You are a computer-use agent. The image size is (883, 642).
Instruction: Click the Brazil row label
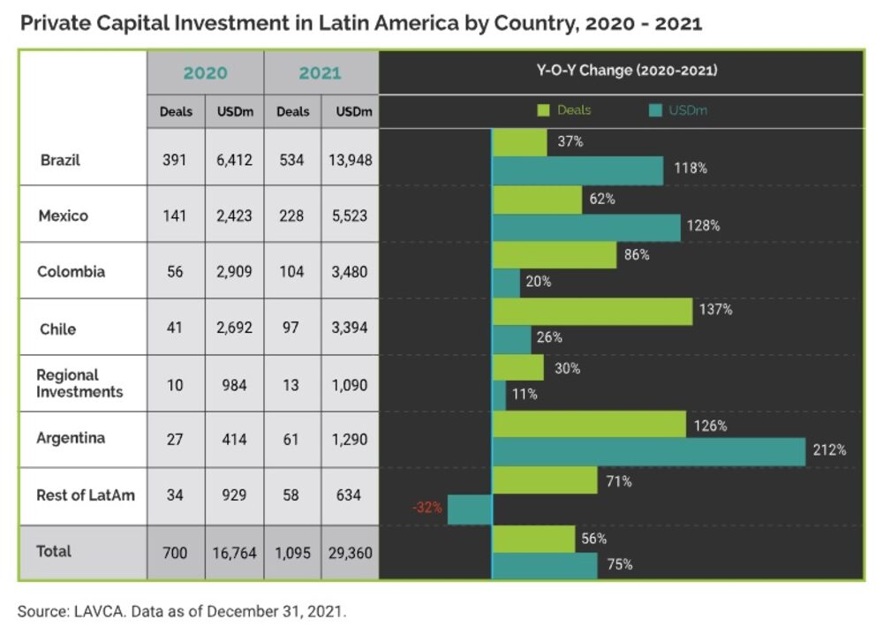coord(60,161)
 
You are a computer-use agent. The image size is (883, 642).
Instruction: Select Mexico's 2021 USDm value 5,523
coord(350,215)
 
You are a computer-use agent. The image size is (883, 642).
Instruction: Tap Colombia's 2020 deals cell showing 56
coord(175,272)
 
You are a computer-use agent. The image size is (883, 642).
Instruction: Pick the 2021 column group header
coord(320,73)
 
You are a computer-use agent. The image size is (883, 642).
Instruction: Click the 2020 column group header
coord(205,73)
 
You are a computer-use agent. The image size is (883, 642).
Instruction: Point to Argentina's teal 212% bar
coord(648,451)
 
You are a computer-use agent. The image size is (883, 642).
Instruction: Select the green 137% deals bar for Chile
coord(592,311)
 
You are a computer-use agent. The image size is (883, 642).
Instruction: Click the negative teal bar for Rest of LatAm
coord(469,510)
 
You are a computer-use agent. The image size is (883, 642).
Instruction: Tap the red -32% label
coord(426,509)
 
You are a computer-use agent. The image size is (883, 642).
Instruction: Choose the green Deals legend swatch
coord(544,110)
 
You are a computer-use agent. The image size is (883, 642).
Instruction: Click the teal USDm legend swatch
coord(655,110)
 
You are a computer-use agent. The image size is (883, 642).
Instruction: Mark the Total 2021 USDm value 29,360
coord(350,553)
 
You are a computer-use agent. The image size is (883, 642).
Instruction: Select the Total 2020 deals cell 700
coord(175,553)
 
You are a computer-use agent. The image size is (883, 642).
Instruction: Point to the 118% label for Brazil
coord(691,168)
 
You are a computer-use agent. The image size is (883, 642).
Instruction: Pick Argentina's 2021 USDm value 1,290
coord(350,439)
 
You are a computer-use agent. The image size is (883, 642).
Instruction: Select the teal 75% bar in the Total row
coord(544,565)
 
